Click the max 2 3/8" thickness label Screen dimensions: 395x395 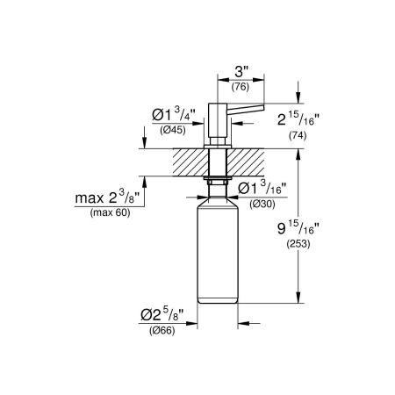[105, 197]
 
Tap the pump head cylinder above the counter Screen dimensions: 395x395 [216, 118]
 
